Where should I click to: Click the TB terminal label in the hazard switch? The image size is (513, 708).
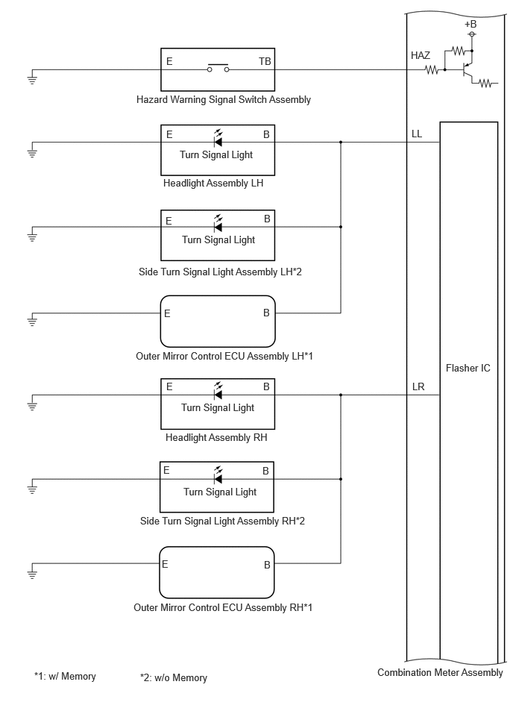tap(265, 61)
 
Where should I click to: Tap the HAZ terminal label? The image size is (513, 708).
tap(421, 55)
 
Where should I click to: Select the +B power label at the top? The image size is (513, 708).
tap(470, 24)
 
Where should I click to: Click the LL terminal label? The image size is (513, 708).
tap(417, 134)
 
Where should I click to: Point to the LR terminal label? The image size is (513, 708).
tap(418, 387)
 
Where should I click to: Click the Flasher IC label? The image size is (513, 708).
tap(468, 368)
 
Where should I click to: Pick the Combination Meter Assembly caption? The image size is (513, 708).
tap(440, 673)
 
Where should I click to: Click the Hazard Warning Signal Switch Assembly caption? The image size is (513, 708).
tap(224, 99)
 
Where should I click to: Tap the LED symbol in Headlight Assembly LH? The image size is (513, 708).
tap(218, 138)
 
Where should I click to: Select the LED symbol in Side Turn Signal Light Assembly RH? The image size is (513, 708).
tap(218, 475)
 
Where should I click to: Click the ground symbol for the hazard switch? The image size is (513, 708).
tap(32, 80)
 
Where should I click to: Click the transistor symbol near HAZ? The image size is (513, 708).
tap(468, 70)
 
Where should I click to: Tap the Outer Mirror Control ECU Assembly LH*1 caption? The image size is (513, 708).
tap(224, 357)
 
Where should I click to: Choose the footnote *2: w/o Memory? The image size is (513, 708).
tap(174, 677)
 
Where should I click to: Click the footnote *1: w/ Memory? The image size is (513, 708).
tap(65, 677)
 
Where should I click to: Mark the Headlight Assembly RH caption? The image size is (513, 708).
tap(216, 437)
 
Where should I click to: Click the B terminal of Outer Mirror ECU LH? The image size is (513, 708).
tap(266, 313)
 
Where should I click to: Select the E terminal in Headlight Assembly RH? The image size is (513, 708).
tap(169, 386)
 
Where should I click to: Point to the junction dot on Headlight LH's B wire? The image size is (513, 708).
tap(341, 142)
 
